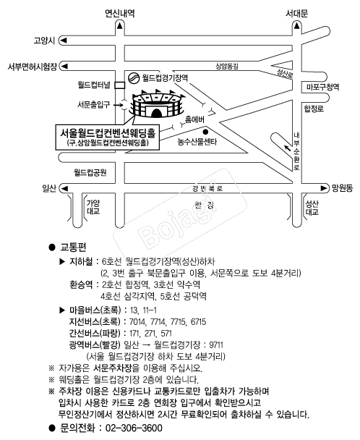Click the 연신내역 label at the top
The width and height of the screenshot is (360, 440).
[120, 13]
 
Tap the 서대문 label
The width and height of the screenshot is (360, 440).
[296, 13]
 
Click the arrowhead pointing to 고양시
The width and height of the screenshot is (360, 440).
[64, 40]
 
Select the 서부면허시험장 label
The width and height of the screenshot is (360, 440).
[33, 67]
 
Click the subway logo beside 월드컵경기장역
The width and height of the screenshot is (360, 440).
[134, 77]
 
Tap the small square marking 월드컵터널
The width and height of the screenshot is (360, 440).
[120, 85]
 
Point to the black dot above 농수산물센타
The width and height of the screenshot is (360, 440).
[205, 132]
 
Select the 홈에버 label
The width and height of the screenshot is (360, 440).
[194, 119]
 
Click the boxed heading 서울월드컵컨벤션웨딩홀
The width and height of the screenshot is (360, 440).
[108, 132]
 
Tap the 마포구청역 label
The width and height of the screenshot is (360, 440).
[322, 87]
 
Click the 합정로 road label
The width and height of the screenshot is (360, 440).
[314, 109]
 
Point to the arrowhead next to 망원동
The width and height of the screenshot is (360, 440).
[324, 188]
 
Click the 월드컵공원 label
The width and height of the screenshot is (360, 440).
[90, 172]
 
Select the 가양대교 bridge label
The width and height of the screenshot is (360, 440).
[93, 207]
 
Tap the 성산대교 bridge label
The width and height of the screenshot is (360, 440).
[312, 208]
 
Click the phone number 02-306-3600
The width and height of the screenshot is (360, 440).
[134, 428]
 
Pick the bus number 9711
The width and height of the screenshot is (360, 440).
[216, 344]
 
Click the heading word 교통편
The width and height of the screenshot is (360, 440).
[73, 247]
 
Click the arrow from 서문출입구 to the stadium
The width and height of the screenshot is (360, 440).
[119, 105]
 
